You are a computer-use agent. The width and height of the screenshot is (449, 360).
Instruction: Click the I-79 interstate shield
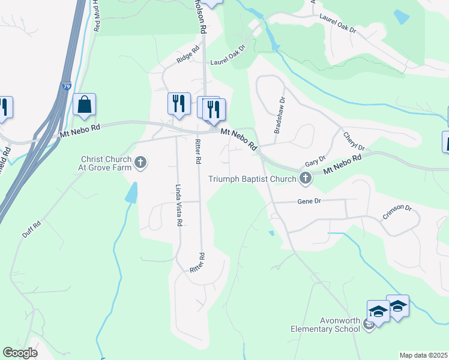[x=67, y=86]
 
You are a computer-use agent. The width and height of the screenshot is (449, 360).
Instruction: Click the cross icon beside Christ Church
[x=140, y=162]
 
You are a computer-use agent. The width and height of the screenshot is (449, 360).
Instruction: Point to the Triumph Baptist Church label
[x=252, y=178]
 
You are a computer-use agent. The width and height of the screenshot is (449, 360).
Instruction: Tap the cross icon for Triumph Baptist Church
[x=306, y=178]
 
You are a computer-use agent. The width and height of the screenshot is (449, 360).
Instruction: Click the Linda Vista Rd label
[x=178, y=205]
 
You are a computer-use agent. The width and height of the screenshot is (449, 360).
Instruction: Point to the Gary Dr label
[x=315, y=161]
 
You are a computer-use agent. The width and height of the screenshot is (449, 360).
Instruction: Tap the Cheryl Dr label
[x=353, y=142]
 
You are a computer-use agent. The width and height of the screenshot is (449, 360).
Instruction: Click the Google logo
[x=20, y=353]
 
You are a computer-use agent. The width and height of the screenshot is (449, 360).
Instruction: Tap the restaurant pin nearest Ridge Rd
[x=179, y=104]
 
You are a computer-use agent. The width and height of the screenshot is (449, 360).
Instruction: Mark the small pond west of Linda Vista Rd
[x=131, y=192]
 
